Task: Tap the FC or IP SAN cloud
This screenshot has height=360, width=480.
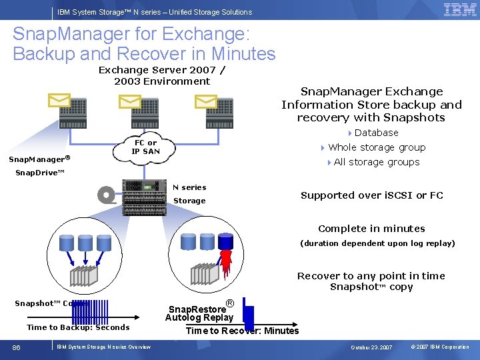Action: coord(145,148)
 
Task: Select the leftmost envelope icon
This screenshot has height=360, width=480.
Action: coord(59,101)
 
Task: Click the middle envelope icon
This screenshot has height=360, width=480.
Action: coord(129,101)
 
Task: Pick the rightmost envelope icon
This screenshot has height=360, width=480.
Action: coord(206,101)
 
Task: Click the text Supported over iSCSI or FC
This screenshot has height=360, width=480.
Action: coord(371,195)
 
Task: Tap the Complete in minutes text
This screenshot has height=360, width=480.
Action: coord(371,229)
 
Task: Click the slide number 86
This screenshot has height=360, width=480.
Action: coord(17,347)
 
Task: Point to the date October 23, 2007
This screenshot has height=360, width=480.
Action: coord(371,347)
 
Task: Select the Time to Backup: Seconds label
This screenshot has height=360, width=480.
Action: coord(78,327)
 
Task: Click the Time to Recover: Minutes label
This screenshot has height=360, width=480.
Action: coord(242,331)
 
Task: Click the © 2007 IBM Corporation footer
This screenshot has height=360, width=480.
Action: coord(440,347)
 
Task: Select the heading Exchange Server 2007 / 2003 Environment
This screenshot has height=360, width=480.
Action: coord(162,75)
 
